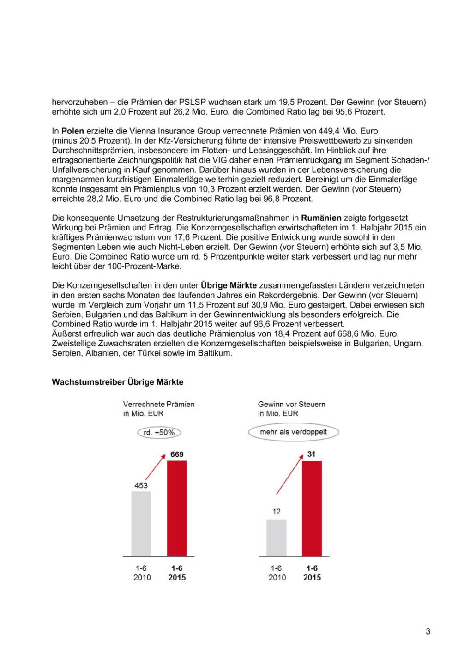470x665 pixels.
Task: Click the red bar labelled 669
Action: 177,508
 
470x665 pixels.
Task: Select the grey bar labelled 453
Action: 141,524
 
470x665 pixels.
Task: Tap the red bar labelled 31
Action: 312,508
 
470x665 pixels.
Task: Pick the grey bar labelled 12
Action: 277,538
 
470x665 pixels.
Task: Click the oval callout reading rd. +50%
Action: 159,433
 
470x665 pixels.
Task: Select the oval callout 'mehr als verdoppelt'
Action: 294,432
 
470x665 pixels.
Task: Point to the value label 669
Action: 177,454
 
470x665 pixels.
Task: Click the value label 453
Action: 141,485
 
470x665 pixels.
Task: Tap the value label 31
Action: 312,454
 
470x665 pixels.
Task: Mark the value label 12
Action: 277,512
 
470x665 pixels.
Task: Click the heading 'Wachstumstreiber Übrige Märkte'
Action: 118,382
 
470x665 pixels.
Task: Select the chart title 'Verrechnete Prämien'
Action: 159,404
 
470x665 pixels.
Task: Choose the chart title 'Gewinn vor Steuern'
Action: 292,404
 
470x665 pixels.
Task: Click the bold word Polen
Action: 72,131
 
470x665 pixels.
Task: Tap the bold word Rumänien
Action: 321,218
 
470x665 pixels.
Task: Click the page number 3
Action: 428,631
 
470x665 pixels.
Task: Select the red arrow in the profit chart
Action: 289,475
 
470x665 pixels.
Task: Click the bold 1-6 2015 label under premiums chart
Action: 177,573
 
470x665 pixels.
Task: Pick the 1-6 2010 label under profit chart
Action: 277,573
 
